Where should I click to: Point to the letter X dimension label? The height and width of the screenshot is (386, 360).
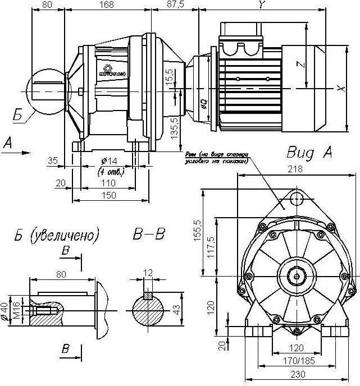(x=340, y=88)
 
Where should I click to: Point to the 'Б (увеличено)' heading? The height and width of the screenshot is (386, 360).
(x=56, y=233)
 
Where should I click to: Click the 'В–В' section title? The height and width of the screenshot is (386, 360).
(x=149, y=233)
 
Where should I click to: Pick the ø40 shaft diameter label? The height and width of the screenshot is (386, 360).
(x=7, y=309)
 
